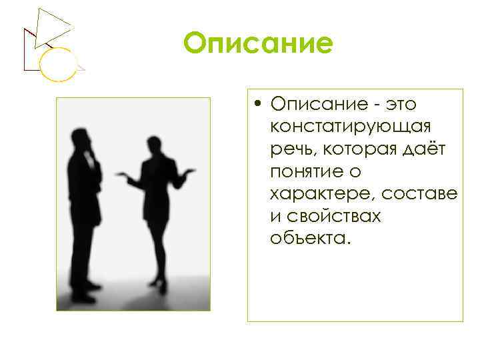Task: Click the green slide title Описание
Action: pos(258,45)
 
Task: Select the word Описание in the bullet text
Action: pos(314,105)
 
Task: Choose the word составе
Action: pos(421,194)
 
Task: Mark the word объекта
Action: pos(309,239)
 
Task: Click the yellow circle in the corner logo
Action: pos(55,65)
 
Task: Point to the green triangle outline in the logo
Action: pos(53,27)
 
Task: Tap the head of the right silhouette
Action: pos(154,145)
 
